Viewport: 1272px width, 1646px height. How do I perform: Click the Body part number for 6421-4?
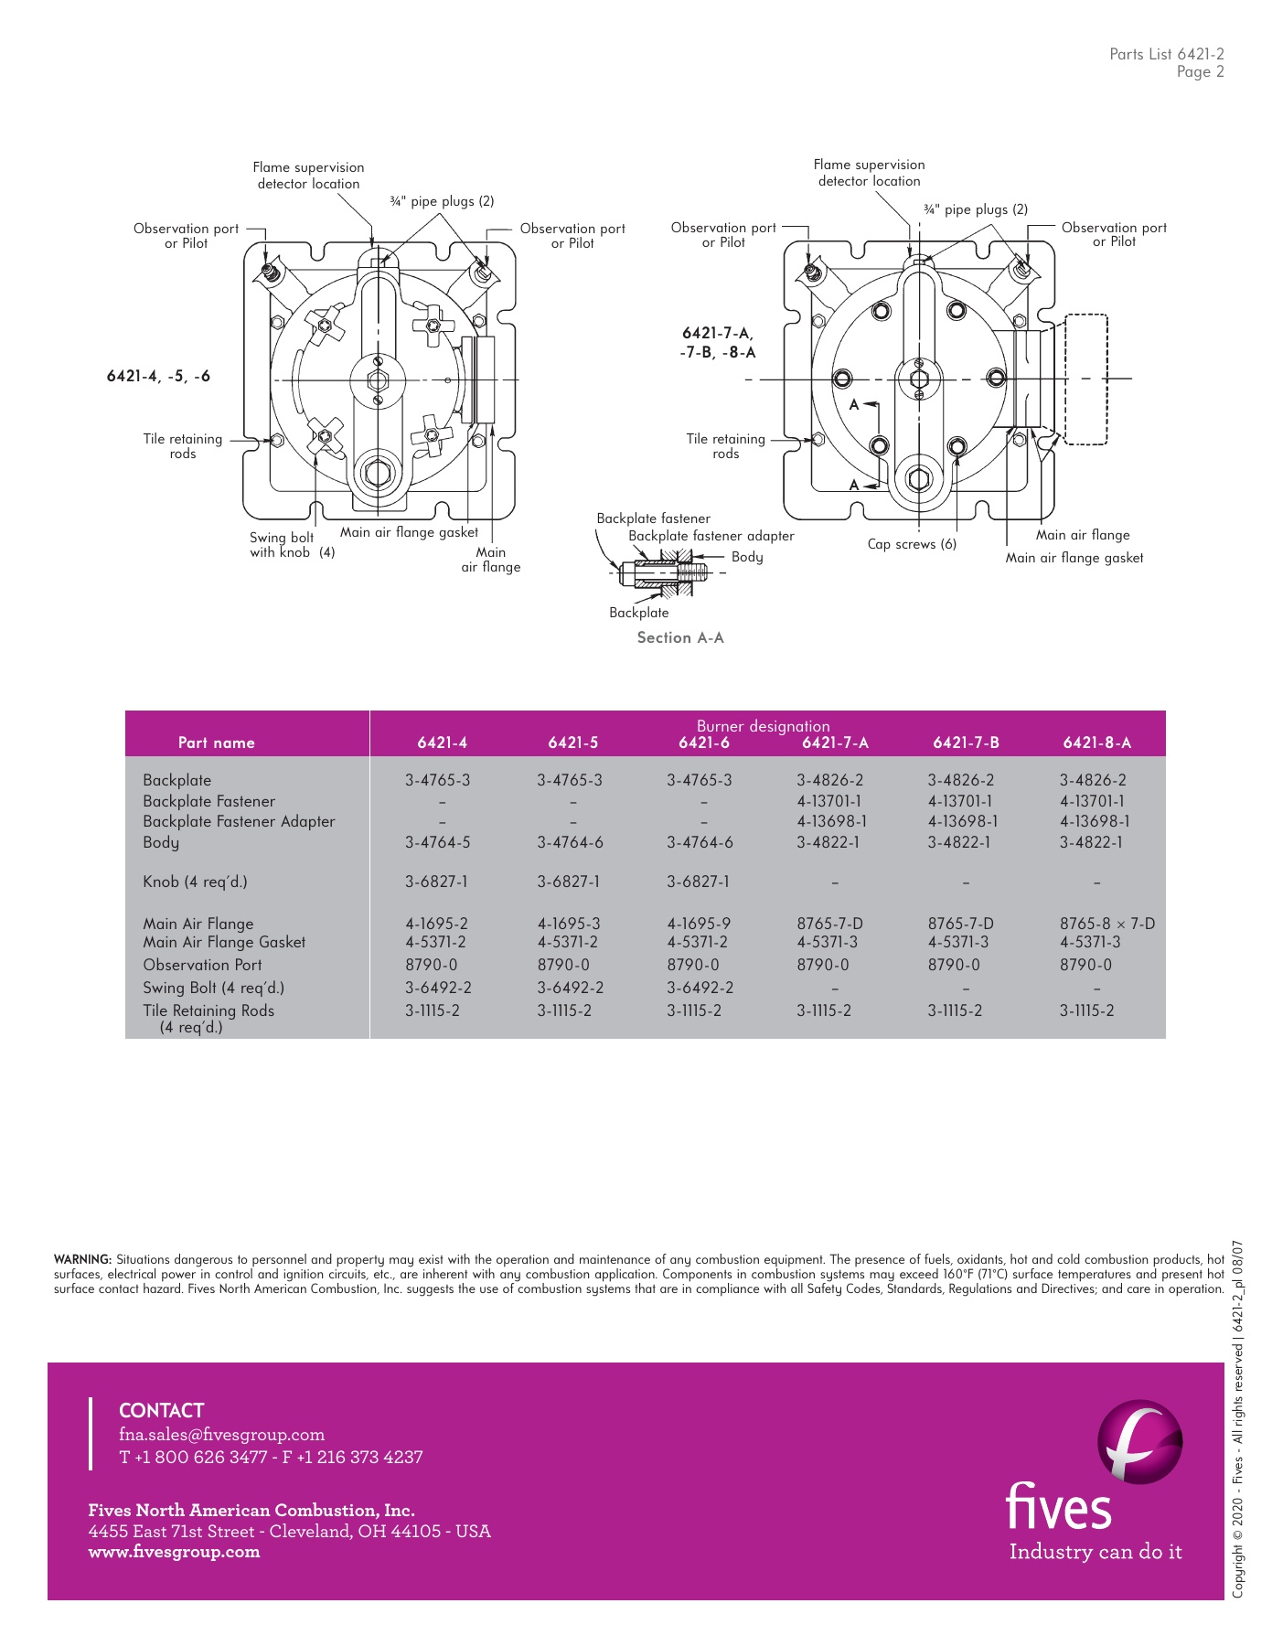(436, 842)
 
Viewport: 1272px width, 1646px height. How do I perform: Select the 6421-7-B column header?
(966, 743)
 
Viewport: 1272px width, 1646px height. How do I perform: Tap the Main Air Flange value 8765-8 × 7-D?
(1106, 924)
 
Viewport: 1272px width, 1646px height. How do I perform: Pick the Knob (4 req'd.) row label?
(195, 882)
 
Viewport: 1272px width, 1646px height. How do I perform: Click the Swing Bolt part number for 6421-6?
(700, 988)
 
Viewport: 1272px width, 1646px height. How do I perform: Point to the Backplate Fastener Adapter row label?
(239, 821)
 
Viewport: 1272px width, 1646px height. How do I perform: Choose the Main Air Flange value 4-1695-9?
(699, 924)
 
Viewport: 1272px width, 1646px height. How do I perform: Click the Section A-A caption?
(680, 637)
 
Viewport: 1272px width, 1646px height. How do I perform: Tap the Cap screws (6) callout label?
(912, 544)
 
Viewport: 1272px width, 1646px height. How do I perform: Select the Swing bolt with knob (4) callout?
(292, 545)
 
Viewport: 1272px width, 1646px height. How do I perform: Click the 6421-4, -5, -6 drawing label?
(158, 376)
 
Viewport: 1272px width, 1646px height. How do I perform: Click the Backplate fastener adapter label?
(711, 536)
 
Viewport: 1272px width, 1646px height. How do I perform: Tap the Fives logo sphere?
(1138, 1442)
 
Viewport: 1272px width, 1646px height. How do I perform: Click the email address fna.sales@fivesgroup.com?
(221, 1435)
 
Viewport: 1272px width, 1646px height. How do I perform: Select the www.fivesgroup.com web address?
(174, 1552)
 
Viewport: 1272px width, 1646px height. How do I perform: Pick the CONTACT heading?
(161, 1410)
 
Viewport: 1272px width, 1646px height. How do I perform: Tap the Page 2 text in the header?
(1200, 72)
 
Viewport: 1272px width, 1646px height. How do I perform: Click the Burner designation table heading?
(763, 726)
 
